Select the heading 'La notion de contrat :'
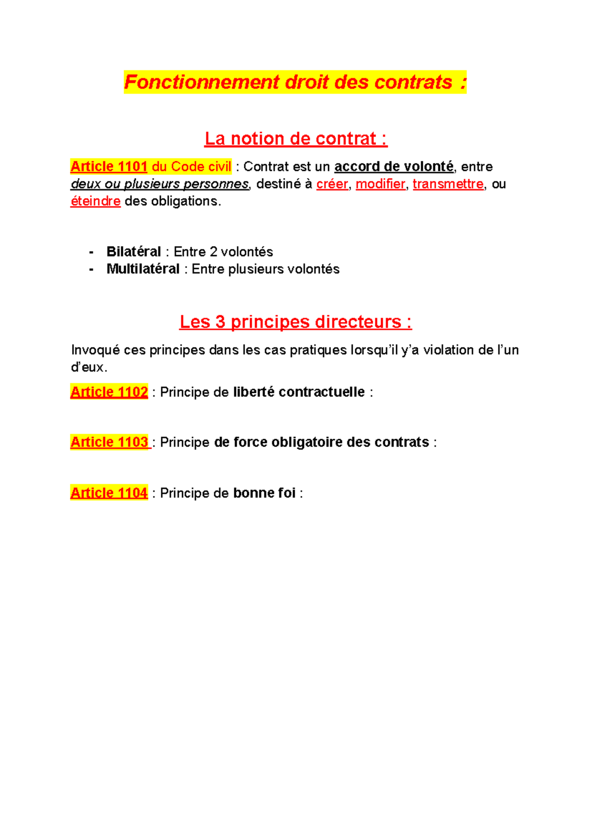tap(296, 139)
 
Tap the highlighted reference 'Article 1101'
tap(109, 167)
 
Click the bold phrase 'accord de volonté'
tap(394, 167)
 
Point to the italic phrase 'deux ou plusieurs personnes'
tap(160, 184)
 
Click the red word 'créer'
tap(332, 184)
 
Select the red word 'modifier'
tap(380, 184)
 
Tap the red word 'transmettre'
tap(448, 184)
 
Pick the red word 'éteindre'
tap(95, 201)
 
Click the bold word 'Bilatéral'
tap(134, 252)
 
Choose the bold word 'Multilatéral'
tap(143, 269)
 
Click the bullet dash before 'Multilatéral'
tap(91, 269)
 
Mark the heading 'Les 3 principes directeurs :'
tap(296, 322)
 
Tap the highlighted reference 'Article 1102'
tap(109, 392)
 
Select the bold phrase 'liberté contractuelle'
tap(299, 392)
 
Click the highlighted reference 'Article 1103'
tap(109, 442)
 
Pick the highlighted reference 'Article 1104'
tap(109, 493)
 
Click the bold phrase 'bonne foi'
tap(264, 493)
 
